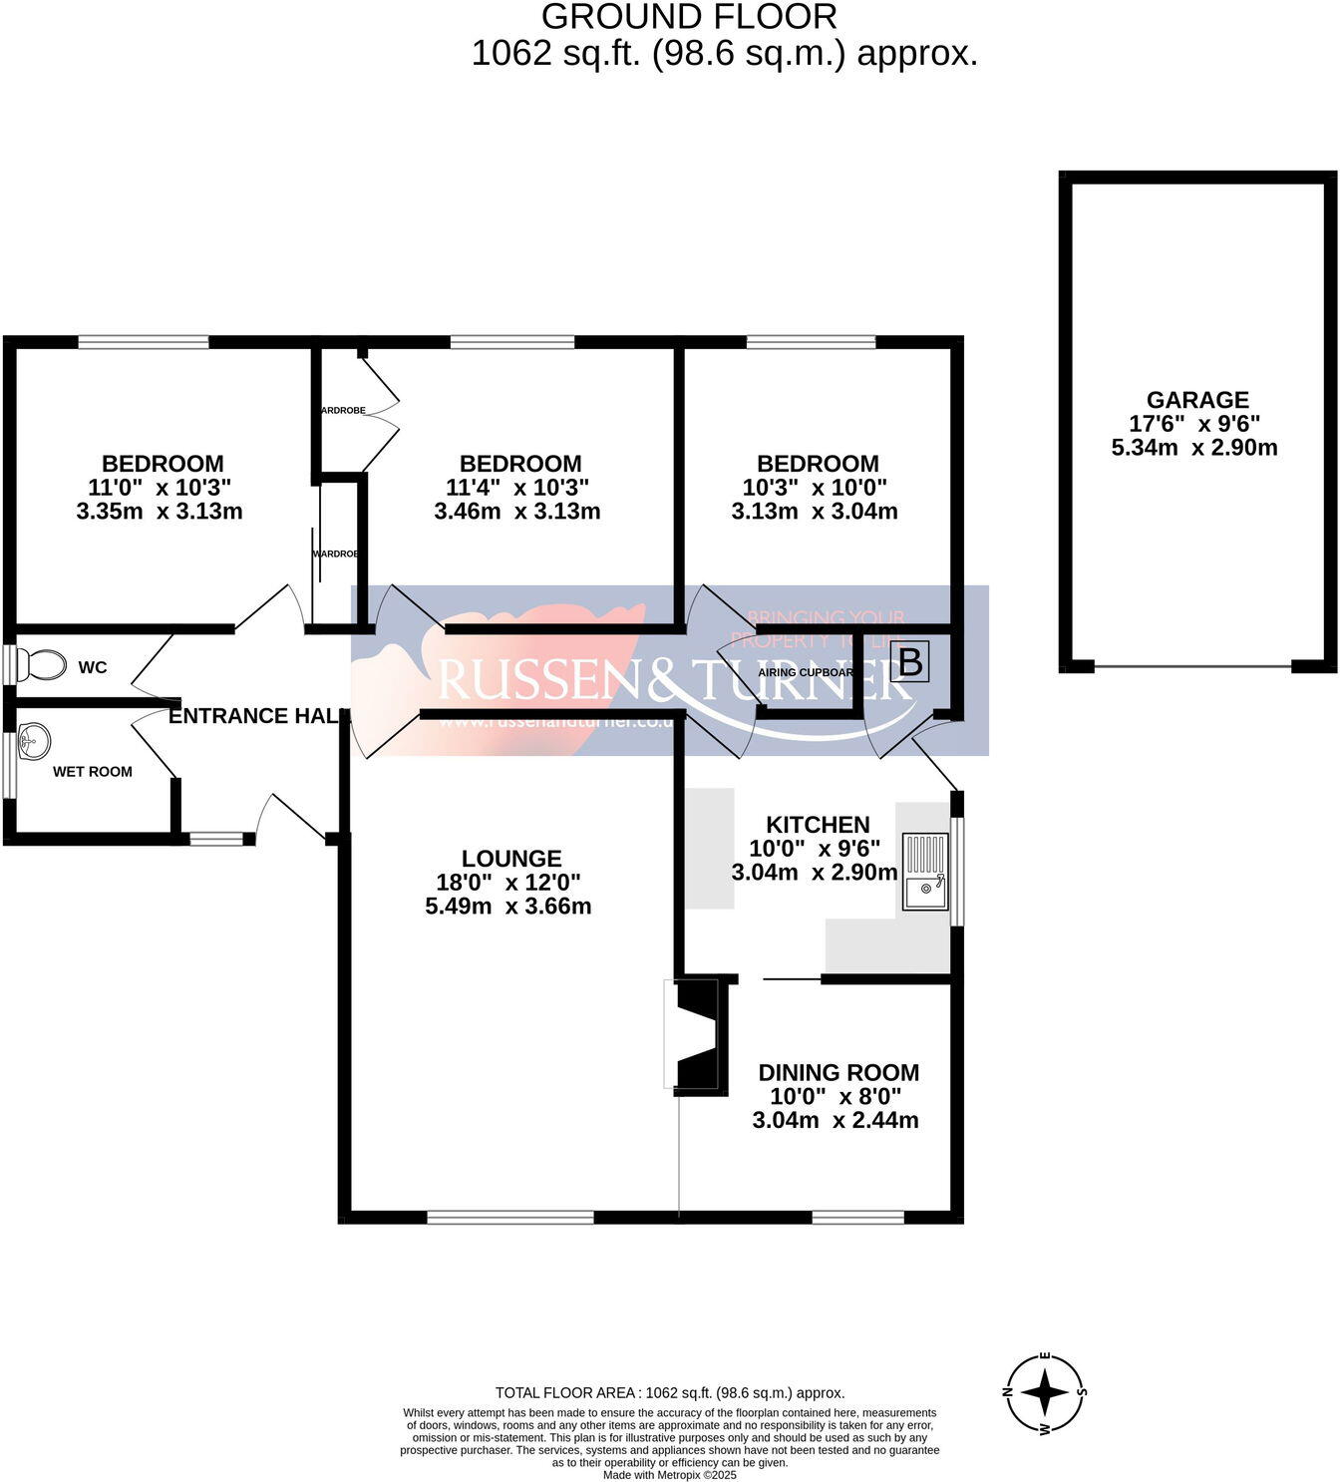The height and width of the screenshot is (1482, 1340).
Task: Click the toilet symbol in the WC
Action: (x=44, y=664)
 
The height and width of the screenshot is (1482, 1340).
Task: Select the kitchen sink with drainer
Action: (x=925, y=871)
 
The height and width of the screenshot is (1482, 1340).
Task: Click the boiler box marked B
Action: (x=909, y=661)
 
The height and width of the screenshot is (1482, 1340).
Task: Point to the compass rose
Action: (x=1044, y=1391)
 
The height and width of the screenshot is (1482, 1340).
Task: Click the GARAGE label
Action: (x=1196, y=400)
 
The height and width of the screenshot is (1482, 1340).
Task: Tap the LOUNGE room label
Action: (x=511, y=859)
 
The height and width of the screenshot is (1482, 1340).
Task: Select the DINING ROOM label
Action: (x=838, y=1073)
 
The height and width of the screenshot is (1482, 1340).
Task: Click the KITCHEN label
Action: (x=818, y=825)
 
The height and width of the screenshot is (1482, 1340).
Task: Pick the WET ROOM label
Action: (x=93, y=772)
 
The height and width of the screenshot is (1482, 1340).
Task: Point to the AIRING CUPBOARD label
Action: (x=806, y=672)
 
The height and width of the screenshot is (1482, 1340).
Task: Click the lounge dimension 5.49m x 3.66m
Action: (x=507, y=907)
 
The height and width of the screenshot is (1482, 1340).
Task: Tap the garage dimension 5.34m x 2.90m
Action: (x=1194, y=448)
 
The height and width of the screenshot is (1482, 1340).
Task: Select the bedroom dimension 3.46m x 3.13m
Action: (x=516, y=512)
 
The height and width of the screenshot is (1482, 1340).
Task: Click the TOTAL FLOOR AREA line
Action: (x=670, y=1393)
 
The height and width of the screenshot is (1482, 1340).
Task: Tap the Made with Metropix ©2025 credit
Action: (x=670, y=1475)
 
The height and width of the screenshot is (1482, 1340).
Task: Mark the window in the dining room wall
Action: (x=857, y=1217)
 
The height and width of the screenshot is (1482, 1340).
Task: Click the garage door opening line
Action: (x=1193, y=666)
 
